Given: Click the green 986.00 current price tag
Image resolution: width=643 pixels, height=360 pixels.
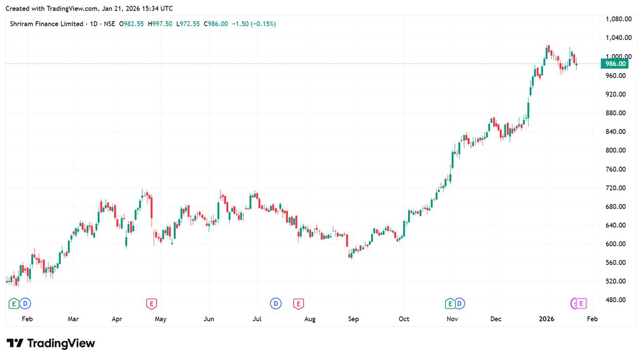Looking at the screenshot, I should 614,64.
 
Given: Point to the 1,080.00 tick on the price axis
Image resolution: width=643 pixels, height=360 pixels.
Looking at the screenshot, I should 619,19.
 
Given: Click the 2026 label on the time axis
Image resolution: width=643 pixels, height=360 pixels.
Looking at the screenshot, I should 546,319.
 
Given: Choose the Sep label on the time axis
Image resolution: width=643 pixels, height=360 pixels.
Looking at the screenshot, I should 353,319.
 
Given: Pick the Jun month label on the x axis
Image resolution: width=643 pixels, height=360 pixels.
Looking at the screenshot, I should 209,319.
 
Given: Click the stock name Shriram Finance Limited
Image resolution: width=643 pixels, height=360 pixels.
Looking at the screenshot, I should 46,24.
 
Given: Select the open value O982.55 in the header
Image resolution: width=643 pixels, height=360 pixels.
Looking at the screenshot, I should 132,24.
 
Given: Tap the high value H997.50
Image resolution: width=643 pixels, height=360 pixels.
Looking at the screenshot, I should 161,24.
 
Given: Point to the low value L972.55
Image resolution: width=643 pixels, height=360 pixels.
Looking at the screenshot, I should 188,24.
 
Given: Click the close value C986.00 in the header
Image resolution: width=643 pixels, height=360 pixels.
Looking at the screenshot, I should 216,24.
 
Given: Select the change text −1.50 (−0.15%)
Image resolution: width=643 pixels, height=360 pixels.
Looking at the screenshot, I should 254,24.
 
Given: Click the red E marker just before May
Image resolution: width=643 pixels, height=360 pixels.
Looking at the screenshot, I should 151,304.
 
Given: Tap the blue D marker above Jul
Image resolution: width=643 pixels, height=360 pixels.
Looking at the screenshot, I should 276,304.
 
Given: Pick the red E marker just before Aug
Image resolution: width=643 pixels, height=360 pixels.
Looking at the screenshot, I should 298,304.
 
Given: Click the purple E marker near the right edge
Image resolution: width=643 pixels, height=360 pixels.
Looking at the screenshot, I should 581,304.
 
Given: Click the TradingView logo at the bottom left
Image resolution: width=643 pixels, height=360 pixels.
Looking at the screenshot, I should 50,344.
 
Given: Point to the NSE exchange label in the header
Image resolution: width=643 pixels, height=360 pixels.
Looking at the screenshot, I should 109,24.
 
